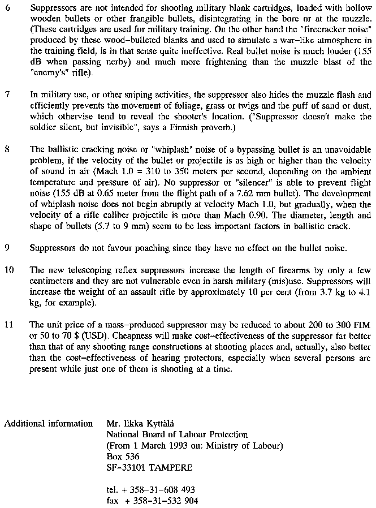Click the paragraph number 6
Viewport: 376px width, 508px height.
point(7,9)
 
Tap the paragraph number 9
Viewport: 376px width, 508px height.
point(7,247)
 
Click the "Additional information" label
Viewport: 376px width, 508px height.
point(49,423)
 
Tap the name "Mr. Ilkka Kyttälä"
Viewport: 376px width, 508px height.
point(142,423)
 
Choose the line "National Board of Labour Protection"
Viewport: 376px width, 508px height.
point(177,434)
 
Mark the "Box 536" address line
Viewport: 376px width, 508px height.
point(123,456)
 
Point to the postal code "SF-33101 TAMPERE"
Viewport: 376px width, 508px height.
point(149,467)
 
